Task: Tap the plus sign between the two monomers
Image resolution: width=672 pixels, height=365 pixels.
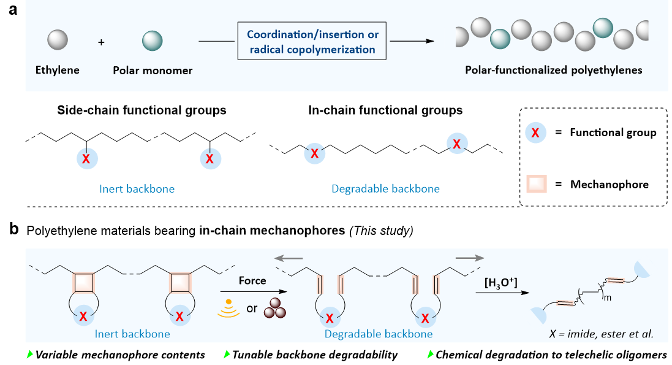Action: click(102, 42)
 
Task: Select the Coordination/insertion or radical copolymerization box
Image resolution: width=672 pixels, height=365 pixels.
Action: click(312, 42)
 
